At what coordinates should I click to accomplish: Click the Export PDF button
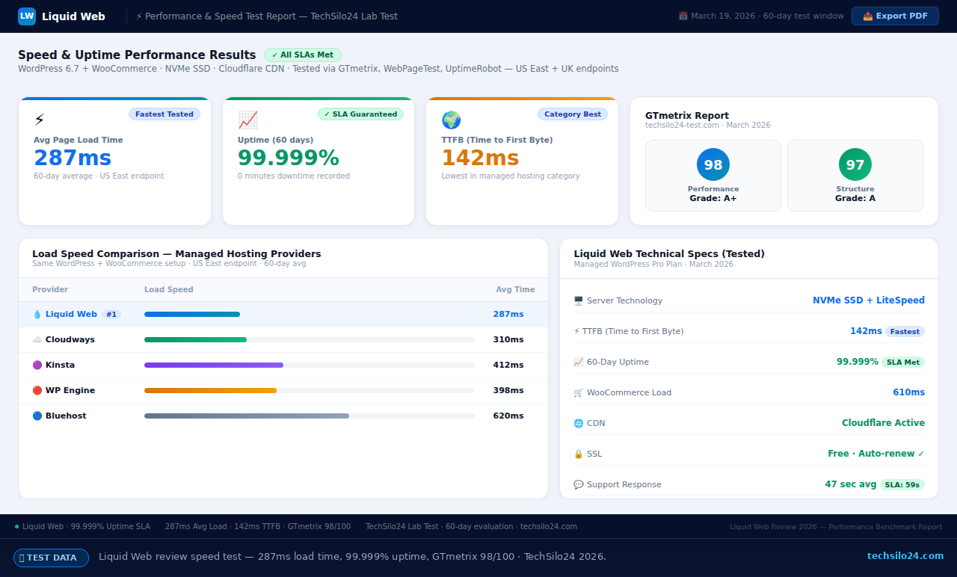pos(895,16)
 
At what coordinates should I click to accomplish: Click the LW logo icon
pos(27,16)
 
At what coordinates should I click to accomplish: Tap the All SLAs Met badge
pos(303,55)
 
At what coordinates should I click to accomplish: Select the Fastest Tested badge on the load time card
pos(164,114)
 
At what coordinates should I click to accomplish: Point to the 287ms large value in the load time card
pos(73,158)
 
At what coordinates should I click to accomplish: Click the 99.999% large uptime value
pos(288,158)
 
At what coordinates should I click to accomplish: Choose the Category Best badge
pos(572,114)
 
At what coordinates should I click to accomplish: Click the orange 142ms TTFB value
pos(480,158)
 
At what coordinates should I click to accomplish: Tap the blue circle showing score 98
pos(713,165)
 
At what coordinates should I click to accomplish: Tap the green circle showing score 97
pos(855,165)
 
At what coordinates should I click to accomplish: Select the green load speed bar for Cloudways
pos(195,339)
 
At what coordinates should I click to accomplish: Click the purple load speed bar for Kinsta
pos(213,365)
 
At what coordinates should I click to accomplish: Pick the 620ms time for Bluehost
pos(508,416)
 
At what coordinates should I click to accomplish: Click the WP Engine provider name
pos(70,390)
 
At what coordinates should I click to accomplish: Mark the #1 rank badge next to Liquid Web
pos(111,315)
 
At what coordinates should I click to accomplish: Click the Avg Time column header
pos(515,289)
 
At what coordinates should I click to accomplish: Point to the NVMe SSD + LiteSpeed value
pos(868,300)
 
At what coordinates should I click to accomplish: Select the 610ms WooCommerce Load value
pos(908,392)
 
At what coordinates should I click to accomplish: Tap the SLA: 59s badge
pos(902,484)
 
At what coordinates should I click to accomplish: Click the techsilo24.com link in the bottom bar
pos(905,556)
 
